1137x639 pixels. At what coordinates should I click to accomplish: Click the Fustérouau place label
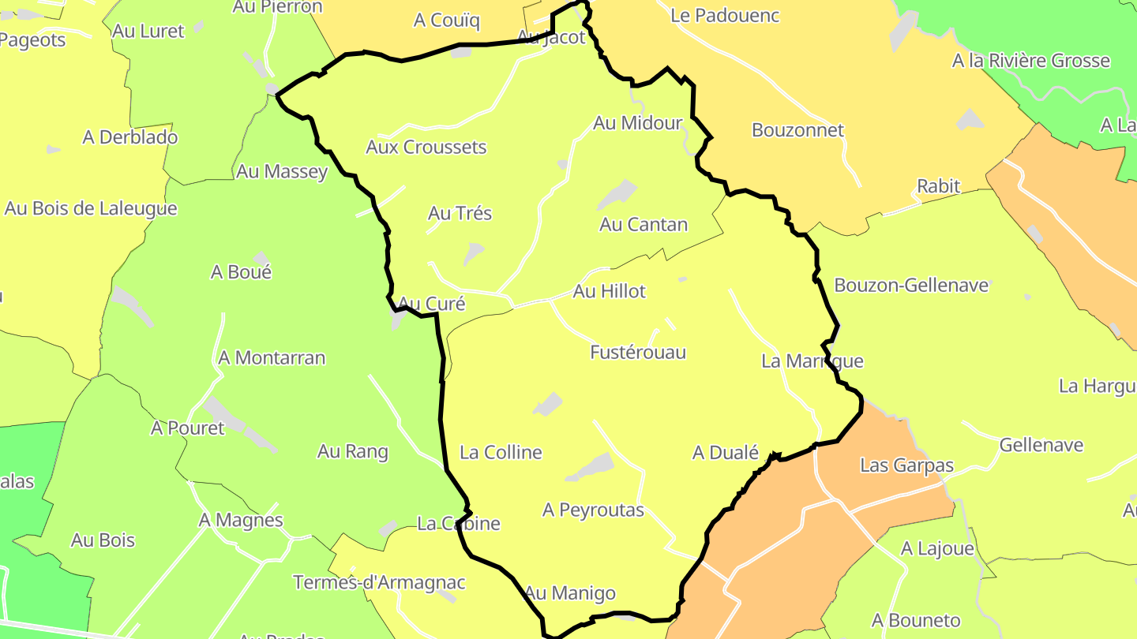[638, 353]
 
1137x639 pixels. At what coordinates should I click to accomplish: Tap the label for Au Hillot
[609, 291]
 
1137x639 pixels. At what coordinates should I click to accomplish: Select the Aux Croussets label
[426, 147]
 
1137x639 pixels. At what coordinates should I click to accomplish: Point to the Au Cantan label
[644, 225]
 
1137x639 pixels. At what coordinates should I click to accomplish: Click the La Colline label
[501, 453]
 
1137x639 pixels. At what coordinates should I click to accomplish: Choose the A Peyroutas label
[593, 510]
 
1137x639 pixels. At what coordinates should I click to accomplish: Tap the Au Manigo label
[569, 592]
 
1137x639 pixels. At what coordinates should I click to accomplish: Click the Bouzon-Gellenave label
[911, 286]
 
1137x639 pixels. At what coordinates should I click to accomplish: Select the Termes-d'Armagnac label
[379, 583]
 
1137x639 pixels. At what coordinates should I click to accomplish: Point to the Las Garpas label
[906, 465]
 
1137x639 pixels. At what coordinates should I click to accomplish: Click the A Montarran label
[272, 358]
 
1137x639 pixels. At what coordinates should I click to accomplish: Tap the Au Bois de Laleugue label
[91, 209]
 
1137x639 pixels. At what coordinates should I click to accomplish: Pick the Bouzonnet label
[797, 130]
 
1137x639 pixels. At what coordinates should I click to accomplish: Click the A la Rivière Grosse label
[1030, 61]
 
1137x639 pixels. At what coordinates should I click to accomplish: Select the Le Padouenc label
[725, 15]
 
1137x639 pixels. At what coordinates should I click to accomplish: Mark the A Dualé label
[725, 453]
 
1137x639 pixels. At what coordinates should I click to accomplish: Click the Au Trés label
[460, 214]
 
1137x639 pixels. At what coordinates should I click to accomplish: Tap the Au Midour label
[637, 123]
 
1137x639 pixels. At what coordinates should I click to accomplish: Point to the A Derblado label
[130, 137]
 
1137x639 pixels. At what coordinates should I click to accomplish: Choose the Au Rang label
[352, 452]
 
